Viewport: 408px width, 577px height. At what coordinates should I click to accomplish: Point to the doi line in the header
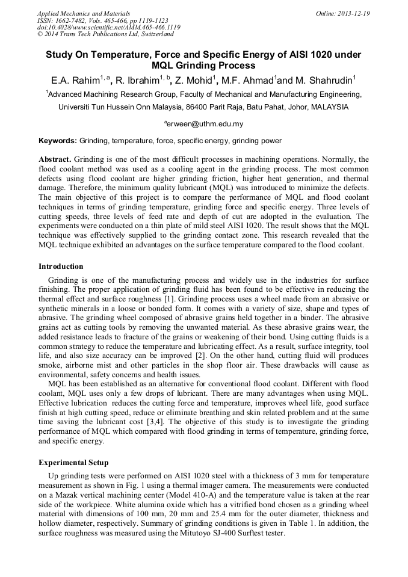point(108,28)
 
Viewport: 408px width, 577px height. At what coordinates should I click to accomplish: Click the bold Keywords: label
point(58,141)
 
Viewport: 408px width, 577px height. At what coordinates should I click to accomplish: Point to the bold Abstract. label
point(55,159)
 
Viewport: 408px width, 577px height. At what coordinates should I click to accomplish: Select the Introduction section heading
point(61,267)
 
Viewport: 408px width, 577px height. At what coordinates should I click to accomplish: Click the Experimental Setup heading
point(73,463)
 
